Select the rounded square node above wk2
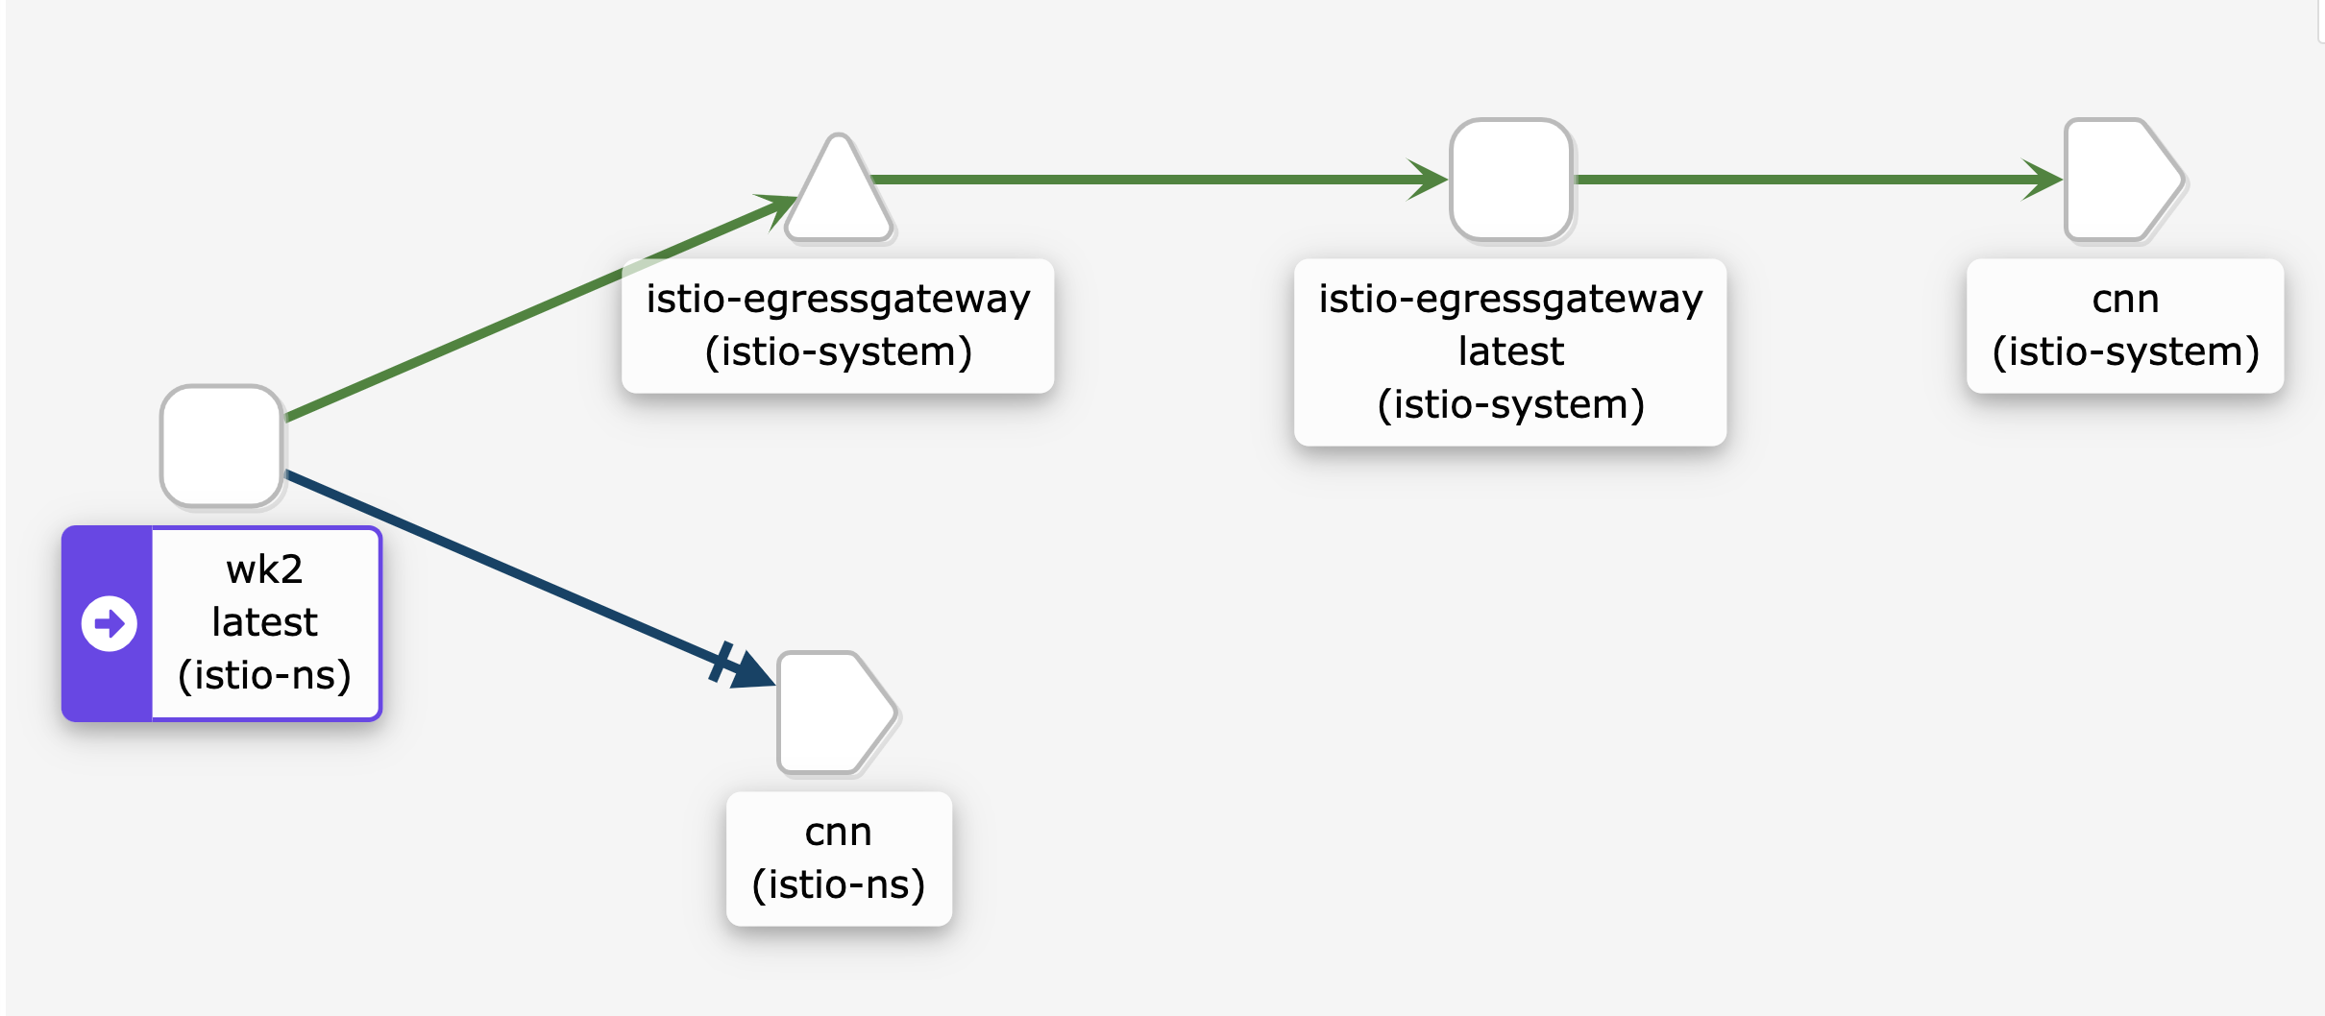(x=222, y=446)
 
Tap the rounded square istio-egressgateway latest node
(x=1510, y=180)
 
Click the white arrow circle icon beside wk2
(x=110, y=624)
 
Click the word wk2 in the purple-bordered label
(x=264, y=569)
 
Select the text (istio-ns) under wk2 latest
(x=264, y=675)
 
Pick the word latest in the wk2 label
(x=264, y=622)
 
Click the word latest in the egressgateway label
(x=1510, y=351)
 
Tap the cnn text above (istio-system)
(x=2125, y=299)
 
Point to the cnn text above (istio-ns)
(x=838, y=832)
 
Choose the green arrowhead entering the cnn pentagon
(x=2043, y=180)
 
